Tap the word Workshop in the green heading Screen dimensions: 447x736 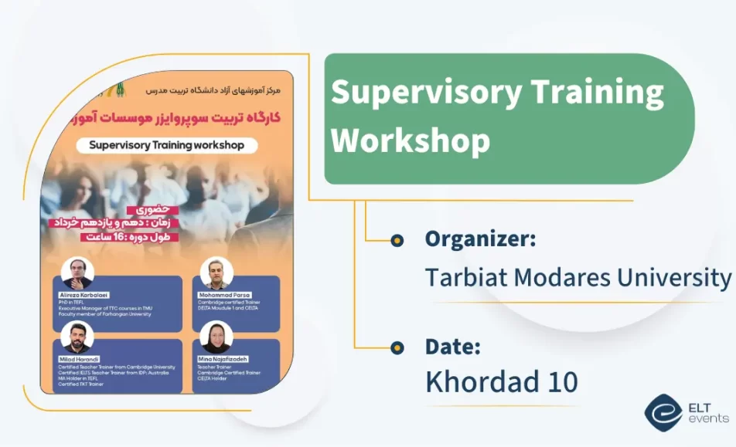pyautogui.click(x=411, y=142)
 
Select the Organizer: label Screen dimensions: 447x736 pyautogui.click(x=480, y=239)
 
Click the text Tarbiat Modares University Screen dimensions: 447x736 pyautogui.click(x=578, y=277)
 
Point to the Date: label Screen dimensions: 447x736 pyautogui.click(x=452, y=347)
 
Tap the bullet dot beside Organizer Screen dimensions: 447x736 pyautogui.click(x=397, y=241)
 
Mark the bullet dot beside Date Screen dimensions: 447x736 pyautogui.click(x=397, y=347)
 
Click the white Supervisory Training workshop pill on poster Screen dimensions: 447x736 pyautogui.click(x=166, y=144)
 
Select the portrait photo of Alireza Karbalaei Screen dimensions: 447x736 pyautogui.click(x=77, y=273)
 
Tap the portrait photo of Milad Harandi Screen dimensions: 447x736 pyautogui.click(x=77, y=337)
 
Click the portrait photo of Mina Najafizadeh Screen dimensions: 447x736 pyautogui.click(x=216, y=337)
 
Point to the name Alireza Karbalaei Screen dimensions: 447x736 pyautogui.click(x=84, y=295)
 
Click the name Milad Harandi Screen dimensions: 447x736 pyautogui.click(x=79, y=359)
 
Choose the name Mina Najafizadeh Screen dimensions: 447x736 pyautogui.click(x=224, y=359)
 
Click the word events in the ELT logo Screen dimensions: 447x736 pyautogui.click(x=708, y=419)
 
